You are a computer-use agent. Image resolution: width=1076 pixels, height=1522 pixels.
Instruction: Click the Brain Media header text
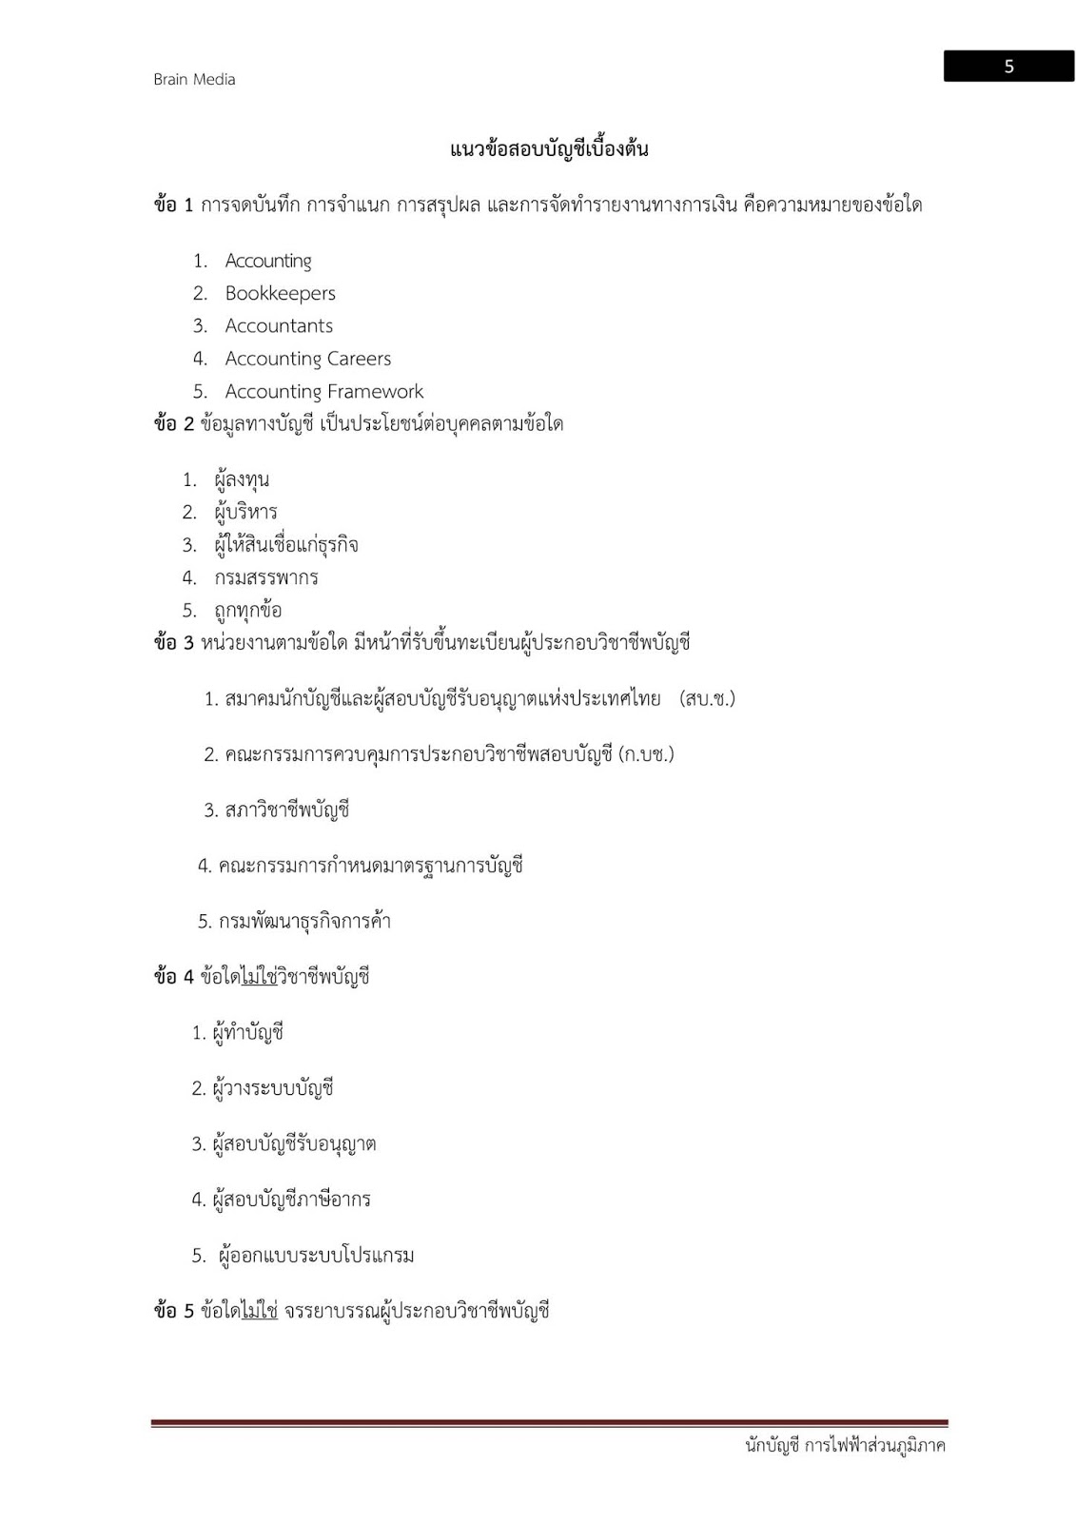coord(194,80)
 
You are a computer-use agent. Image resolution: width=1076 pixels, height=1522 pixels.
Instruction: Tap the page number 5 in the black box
coord(1008,67)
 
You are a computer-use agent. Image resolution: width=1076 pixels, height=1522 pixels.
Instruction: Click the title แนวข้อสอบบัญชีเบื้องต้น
coord(549,149)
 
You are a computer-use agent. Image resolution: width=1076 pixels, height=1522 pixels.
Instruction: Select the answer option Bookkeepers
coord(280,294)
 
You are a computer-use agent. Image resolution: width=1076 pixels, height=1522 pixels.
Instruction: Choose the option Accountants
coord(279,326)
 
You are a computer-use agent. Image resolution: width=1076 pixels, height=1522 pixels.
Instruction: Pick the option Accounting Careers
coord(307,359)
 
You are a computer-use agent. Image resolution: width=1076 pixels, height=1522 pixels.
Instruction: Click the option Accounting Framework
coord(323,392)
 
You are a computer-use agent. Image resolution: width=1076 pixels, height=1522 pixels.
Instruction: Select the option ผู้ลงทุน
coord(242,479)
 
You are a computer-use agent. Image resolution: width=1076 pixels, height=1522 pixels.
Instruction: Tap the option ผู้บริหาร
coord(245,513)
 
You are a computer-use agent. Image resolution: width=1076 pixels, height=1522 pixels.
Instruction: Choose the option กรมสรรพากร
coord(265,578)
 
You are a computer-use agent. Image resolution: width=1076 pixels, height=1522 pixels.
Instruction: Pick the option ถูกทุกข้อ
coord(247,611)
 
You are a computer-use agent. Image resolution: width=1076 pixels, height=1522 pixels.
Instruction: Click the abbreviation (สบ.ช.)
coord(708,699)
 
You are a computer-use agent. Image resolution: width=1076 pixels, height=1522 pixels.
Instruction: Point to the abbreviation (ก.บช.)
coord(646,755)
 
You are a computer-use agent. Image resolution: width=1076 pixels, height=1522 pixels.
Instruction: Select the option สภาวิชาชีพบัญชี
coord(287,810)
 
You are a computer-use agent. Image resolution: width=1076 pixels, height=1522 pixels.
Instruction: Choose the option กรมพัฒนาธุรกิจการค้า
coord(304,922)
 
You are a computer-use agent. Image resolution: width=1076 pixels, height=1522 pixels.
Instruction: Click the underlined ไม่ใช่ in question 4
coord(259,977)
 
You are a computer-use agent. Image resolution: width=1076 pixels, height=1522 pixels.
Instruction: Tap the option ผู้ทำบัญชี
coord(248,1033)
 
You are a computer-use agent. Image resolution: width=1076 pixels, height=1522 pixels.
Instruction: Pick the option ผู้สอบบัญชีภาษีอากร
coord(291,1200)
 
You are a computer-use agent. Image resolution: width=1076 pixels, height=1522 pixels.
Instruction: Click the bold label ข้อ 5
coord(173,1312)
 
